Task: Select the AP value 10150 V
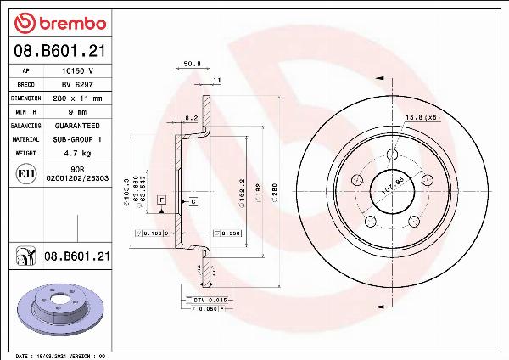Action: click(77, 71)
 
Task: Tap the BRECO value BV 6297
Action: click(77, 85)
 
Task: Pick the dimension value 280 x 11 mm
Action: click(77, 98)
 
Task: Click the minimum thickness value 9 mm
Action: click(77, 111)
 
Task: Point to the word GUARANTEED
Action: click(77, 125)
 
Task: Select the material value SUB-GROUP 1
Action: click(77, 138)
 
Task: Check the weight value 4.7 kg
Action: click(77, 152)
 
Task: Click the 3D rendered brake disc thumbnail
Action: click(58, 308)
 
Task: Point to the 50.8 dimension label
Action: click(192, 63)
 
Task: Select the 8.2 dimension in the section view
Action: click(191, 118)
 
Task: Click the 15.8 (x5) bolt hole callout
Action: click(421, 116)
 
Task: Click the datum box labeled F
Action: click(161, 199)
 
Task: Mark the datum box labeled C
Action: click(193, 201)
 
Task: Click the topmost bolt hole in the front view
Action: click(392, 155)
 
